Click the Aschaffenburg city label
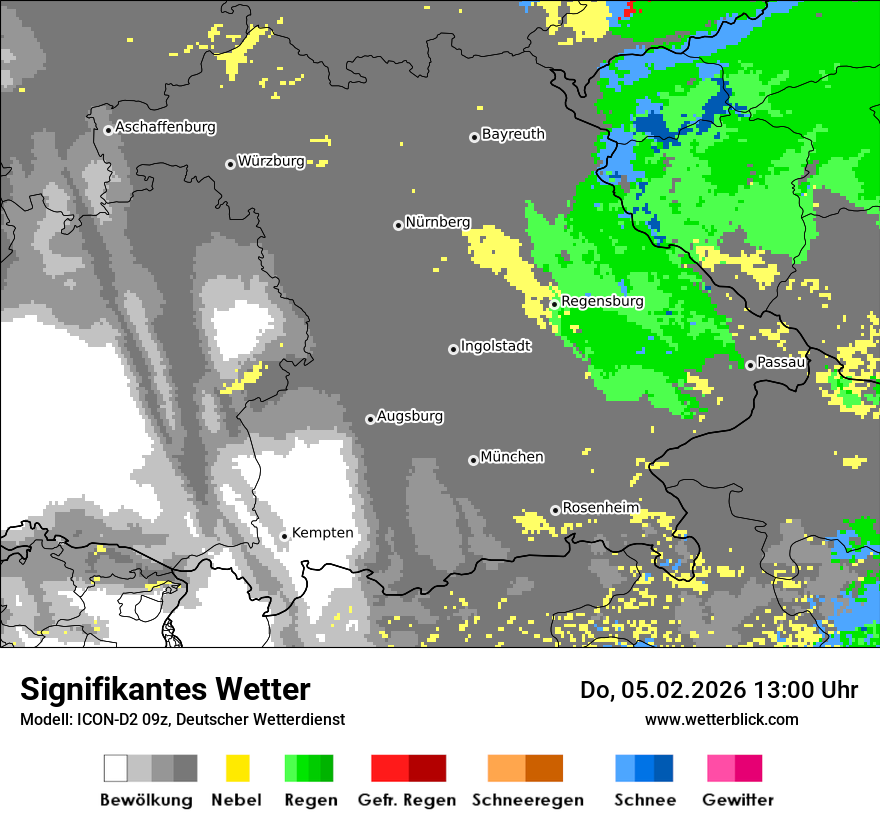tap(165, 128)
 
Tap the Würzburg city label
tap(271, 162)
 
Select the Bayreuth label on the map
tap(513, 134)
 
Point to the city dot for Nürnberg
tap(398, 225)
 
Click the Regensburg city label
tap(602, 301)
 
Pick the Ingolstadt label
tap(496, 347)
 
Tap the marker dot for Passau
tap(750, 365)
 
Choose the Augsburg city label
tap(410, 417)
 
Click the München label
tap(512, 457)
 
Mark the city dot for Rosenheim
tap(556, 511)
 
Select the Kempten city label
tap(322, 533)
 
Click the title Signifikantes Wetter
tap(165, 689)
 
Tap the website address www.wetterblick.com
tap(721, 719)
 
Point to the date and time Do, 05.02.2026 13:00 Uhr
tap(719, 690)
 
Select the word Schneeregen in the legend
tap(528, 800)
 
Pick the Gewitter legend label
tap(737, 800)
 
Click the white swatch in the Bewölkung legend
tap(116, 768)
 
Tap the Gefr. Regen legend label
tap(407, 800)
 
